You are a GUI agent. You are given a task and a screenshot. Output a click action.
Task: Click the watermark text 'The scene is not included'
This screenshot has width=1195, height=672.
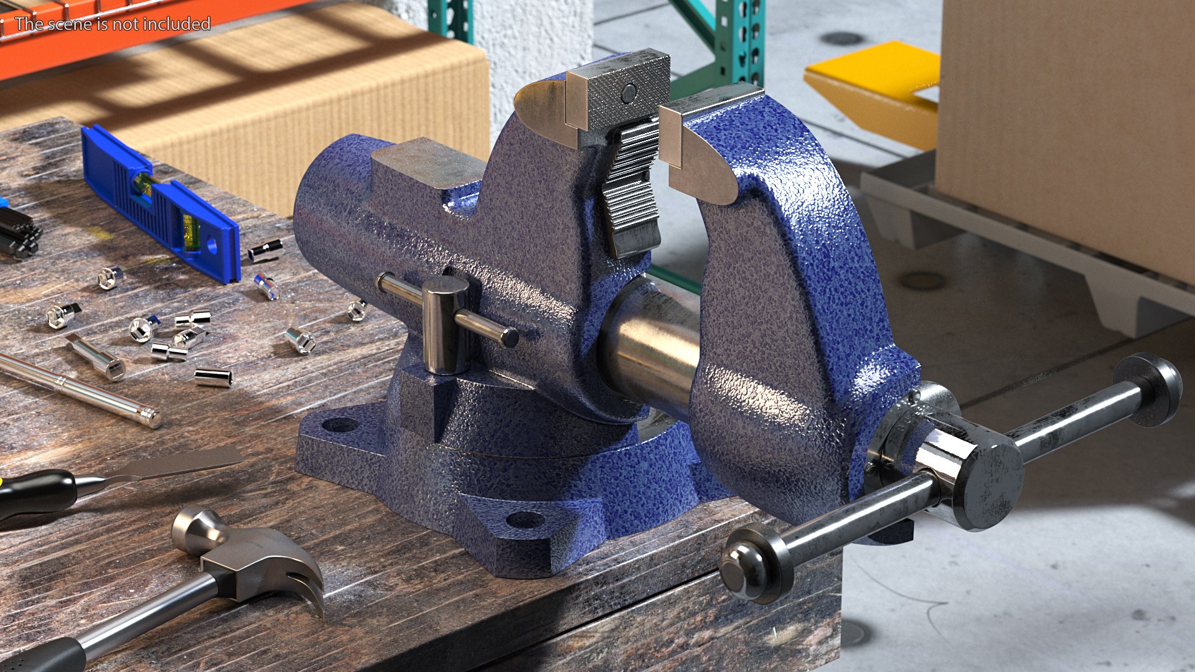pos(113,24)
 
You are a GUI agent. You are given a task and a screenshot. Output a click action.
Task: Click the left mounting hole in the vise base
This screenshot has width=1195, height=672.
pos(340,426)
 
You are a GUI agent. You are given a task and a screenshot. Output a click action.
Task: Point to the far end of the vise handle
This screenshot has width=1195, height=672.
pos(1158,388)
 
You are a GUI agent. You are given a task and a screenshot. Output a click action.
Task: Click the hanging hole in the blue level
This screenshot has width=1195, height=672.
pos(212,246)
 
